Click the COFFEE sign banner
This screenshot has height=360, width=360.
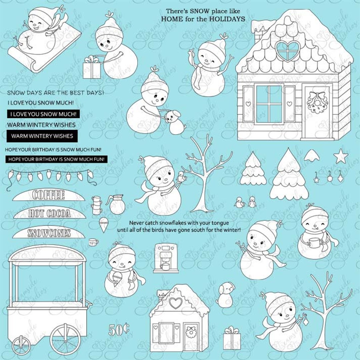click(48, 195)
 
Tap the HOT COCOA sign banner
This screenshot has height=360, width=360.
click(49, 213)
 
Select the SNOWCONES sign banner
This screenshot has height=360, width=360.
click(49, 233)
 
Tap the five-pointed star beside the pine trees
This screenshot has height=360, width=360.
click(341, 156)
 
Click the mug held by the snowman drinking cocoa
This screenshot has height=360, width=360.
click(313, 243)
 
